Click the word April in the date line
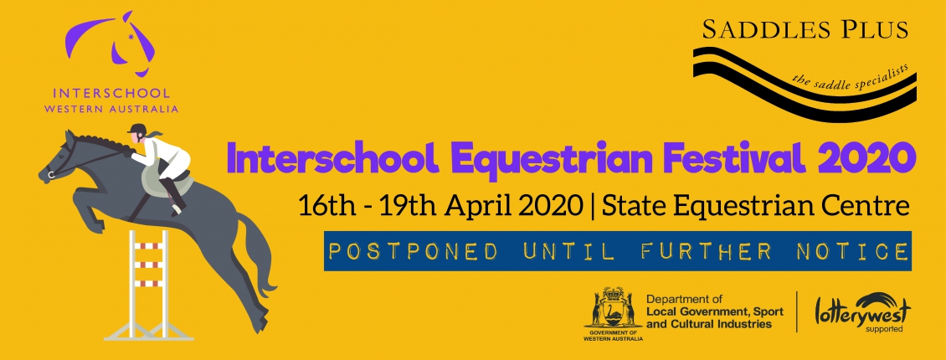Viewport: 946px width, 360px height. point(479,207)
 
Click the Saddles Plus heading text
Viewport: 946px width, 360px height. point(805,29)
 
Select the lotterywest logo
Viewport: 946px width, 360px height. point(863,311)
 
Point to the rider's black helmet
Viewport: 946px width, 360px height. point(138,129)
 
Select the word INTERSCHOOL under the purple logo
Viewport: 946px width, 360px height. point(111,94)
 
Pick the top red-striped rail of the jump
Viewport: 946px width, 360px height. point(148,246)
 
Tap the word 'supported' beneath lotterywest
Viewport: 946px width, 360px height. point(884,329)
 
